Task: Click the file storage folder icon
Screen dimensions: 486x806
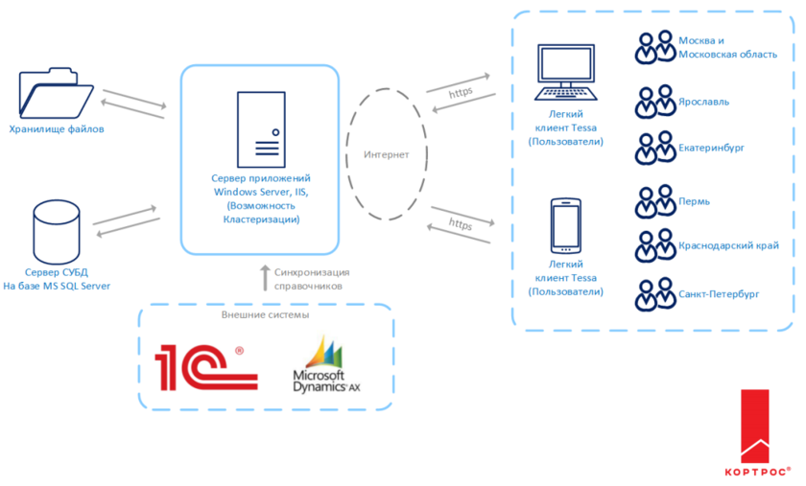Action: tap(56, 94)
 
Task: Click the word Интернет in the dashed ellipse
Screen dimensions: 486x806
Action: tap(387, 154)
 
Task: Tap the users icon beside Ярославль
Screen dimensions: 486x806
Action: tap(655, 101)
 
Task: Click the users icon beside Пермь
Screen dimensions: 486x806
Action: tap(655, 202)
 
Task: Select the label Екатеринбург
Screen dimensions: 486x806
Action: tap(711, 149)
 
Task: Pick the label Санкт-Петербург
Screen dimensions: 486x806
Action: tap(718, 293)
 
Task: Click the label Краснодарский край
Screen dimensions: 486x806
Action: tap(727, 245)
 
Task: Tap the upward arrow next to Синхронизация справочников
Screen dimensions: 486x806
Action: tap(266, 279)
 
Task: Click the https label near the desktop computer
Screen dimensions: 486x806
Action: tap(462, 93)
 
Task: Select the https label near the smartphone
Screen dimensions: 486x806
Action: tap(461, 225)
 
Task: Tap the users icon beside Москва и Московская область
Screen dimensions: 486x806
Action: tap(655, 47)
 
